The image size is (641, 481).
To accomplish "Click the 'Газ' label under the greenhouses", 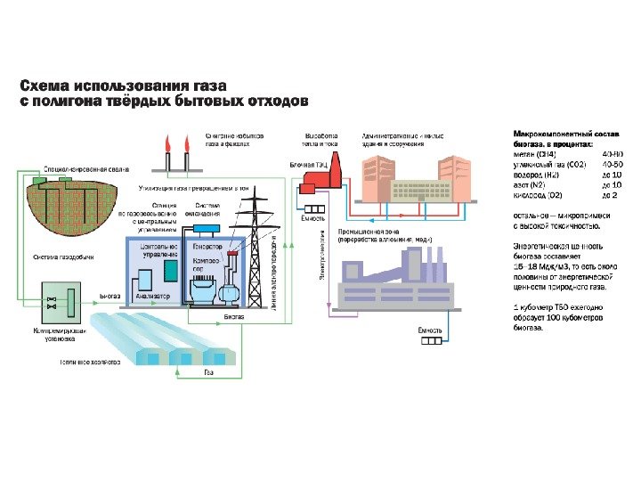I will coord(208,371).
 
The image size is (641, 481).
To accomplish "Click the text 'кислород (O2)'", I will coord(538,194).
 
